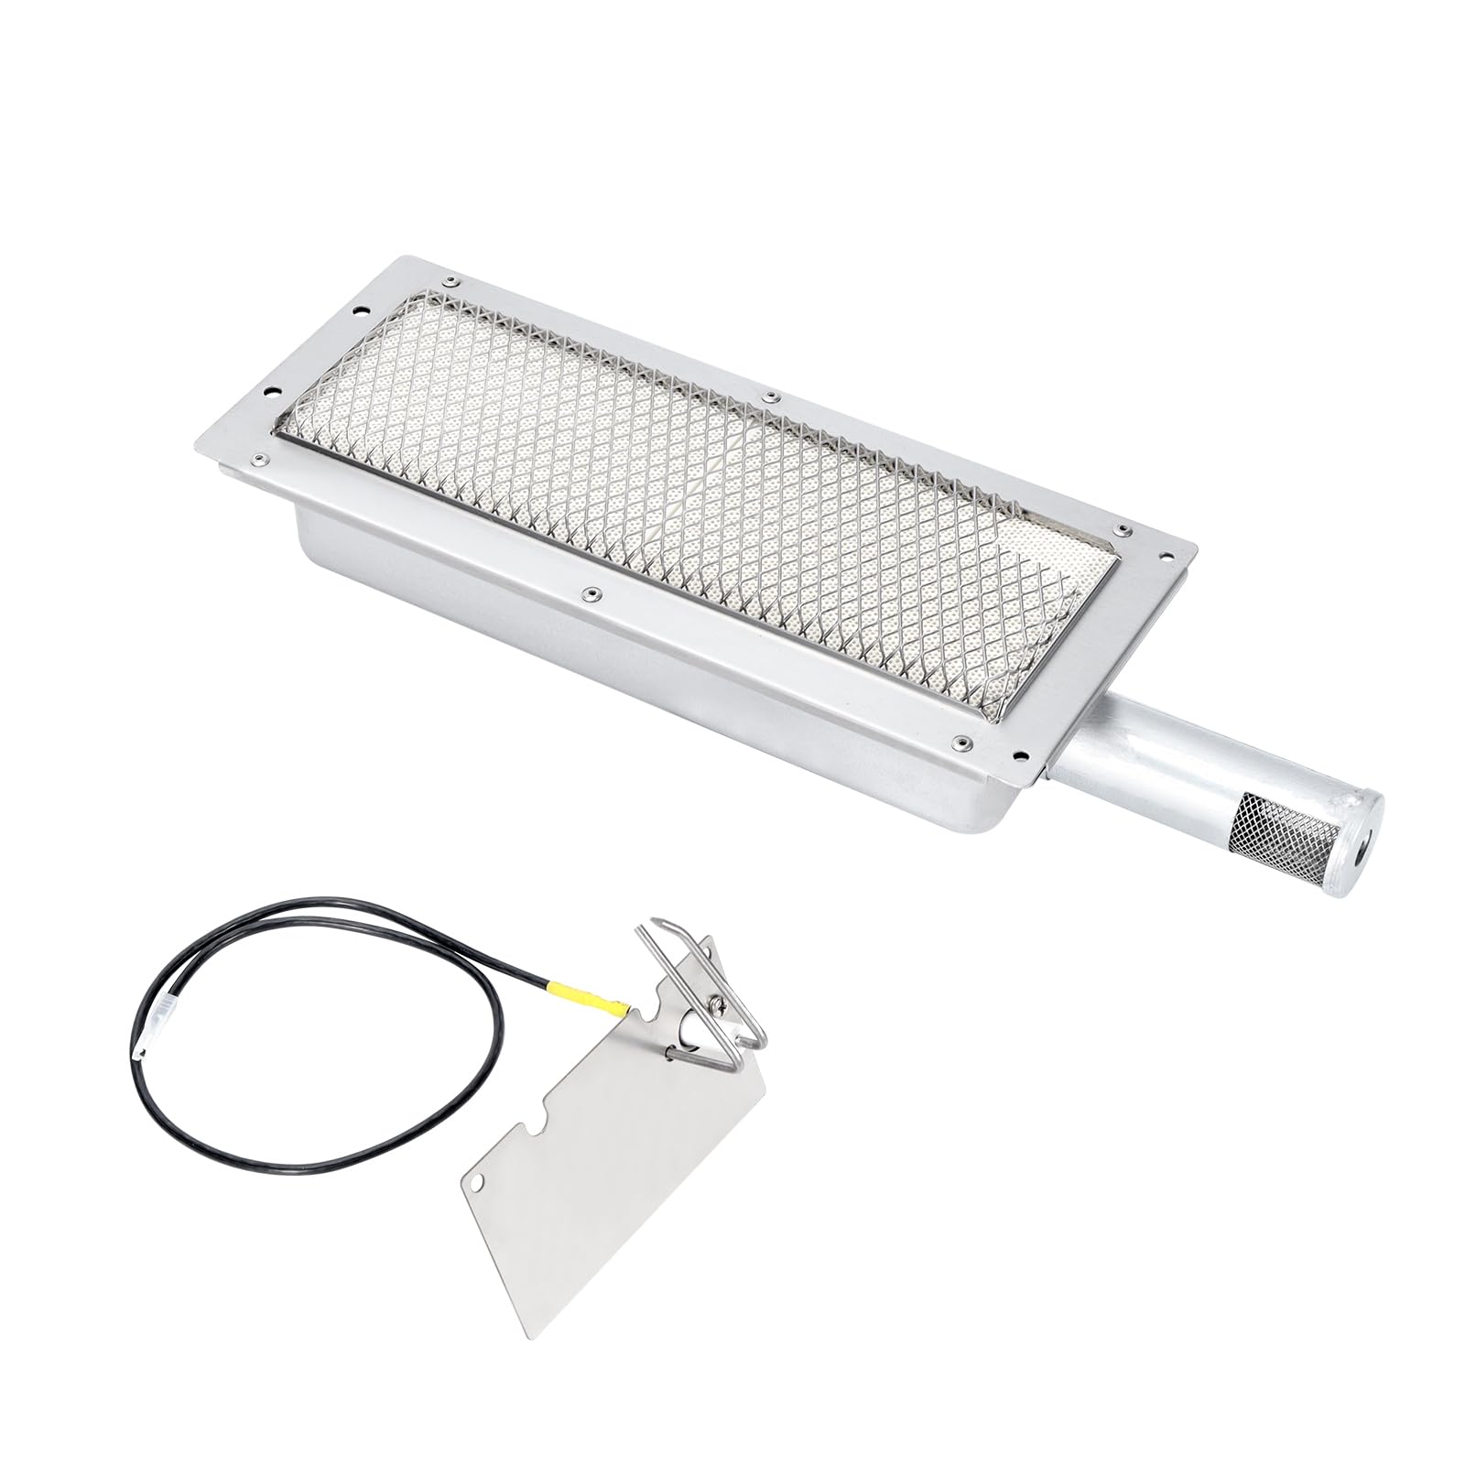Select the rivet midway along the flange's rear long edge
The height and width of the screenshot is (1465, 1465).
[772, 396]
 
